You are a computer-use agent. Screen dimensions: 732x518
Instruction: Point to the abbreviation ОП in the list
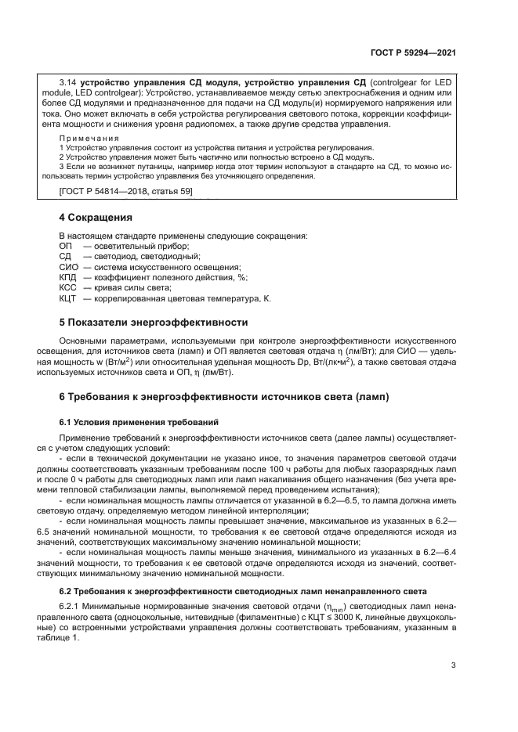coord(65,246)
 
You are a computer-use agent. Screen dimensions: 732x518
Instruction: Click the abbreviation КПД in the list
coord(67,277)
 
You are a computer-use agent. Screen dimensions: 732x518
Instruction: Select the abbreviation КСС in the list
coord(67,287)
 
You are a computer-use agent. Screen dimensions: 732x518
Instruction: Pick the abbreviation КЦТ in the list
coord(67,298)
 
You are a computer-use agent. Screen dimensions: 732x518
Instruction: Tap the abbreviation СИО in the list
coord(67,267)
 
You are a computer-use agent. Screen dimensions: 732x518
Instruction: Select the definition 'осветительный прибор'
coord(131,246)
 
